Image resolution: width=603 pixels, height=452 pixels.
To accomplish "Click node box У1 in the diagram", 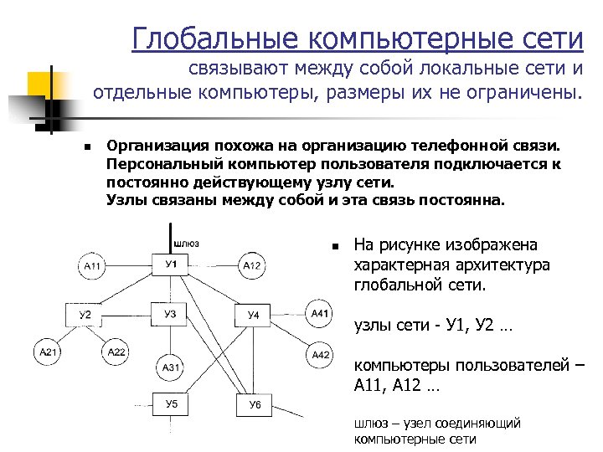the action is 170,265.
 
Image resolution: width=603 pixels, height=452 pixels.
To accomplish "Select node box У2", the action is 85,316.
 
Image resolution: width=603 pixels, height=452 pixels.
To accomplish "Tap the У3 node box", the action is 170,315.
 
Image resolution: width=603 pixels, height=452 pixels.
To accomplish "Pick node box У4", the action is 254,316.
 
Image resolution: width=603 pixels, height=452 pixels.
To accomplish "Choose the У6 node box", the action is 255,406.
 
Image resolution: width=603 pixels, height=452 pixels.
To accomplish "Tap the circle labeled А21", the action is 48,352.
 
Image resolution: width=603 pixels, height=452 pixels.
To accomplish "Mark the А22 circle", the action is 116,352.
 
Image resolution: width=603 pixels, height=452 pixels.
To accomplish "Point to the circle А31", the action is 171,367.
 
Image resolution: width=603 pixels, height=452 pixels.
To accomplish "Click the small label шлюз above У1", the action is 186,244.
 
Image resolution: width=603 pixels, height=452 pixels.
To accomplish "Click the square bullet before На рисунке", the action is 332,247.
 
